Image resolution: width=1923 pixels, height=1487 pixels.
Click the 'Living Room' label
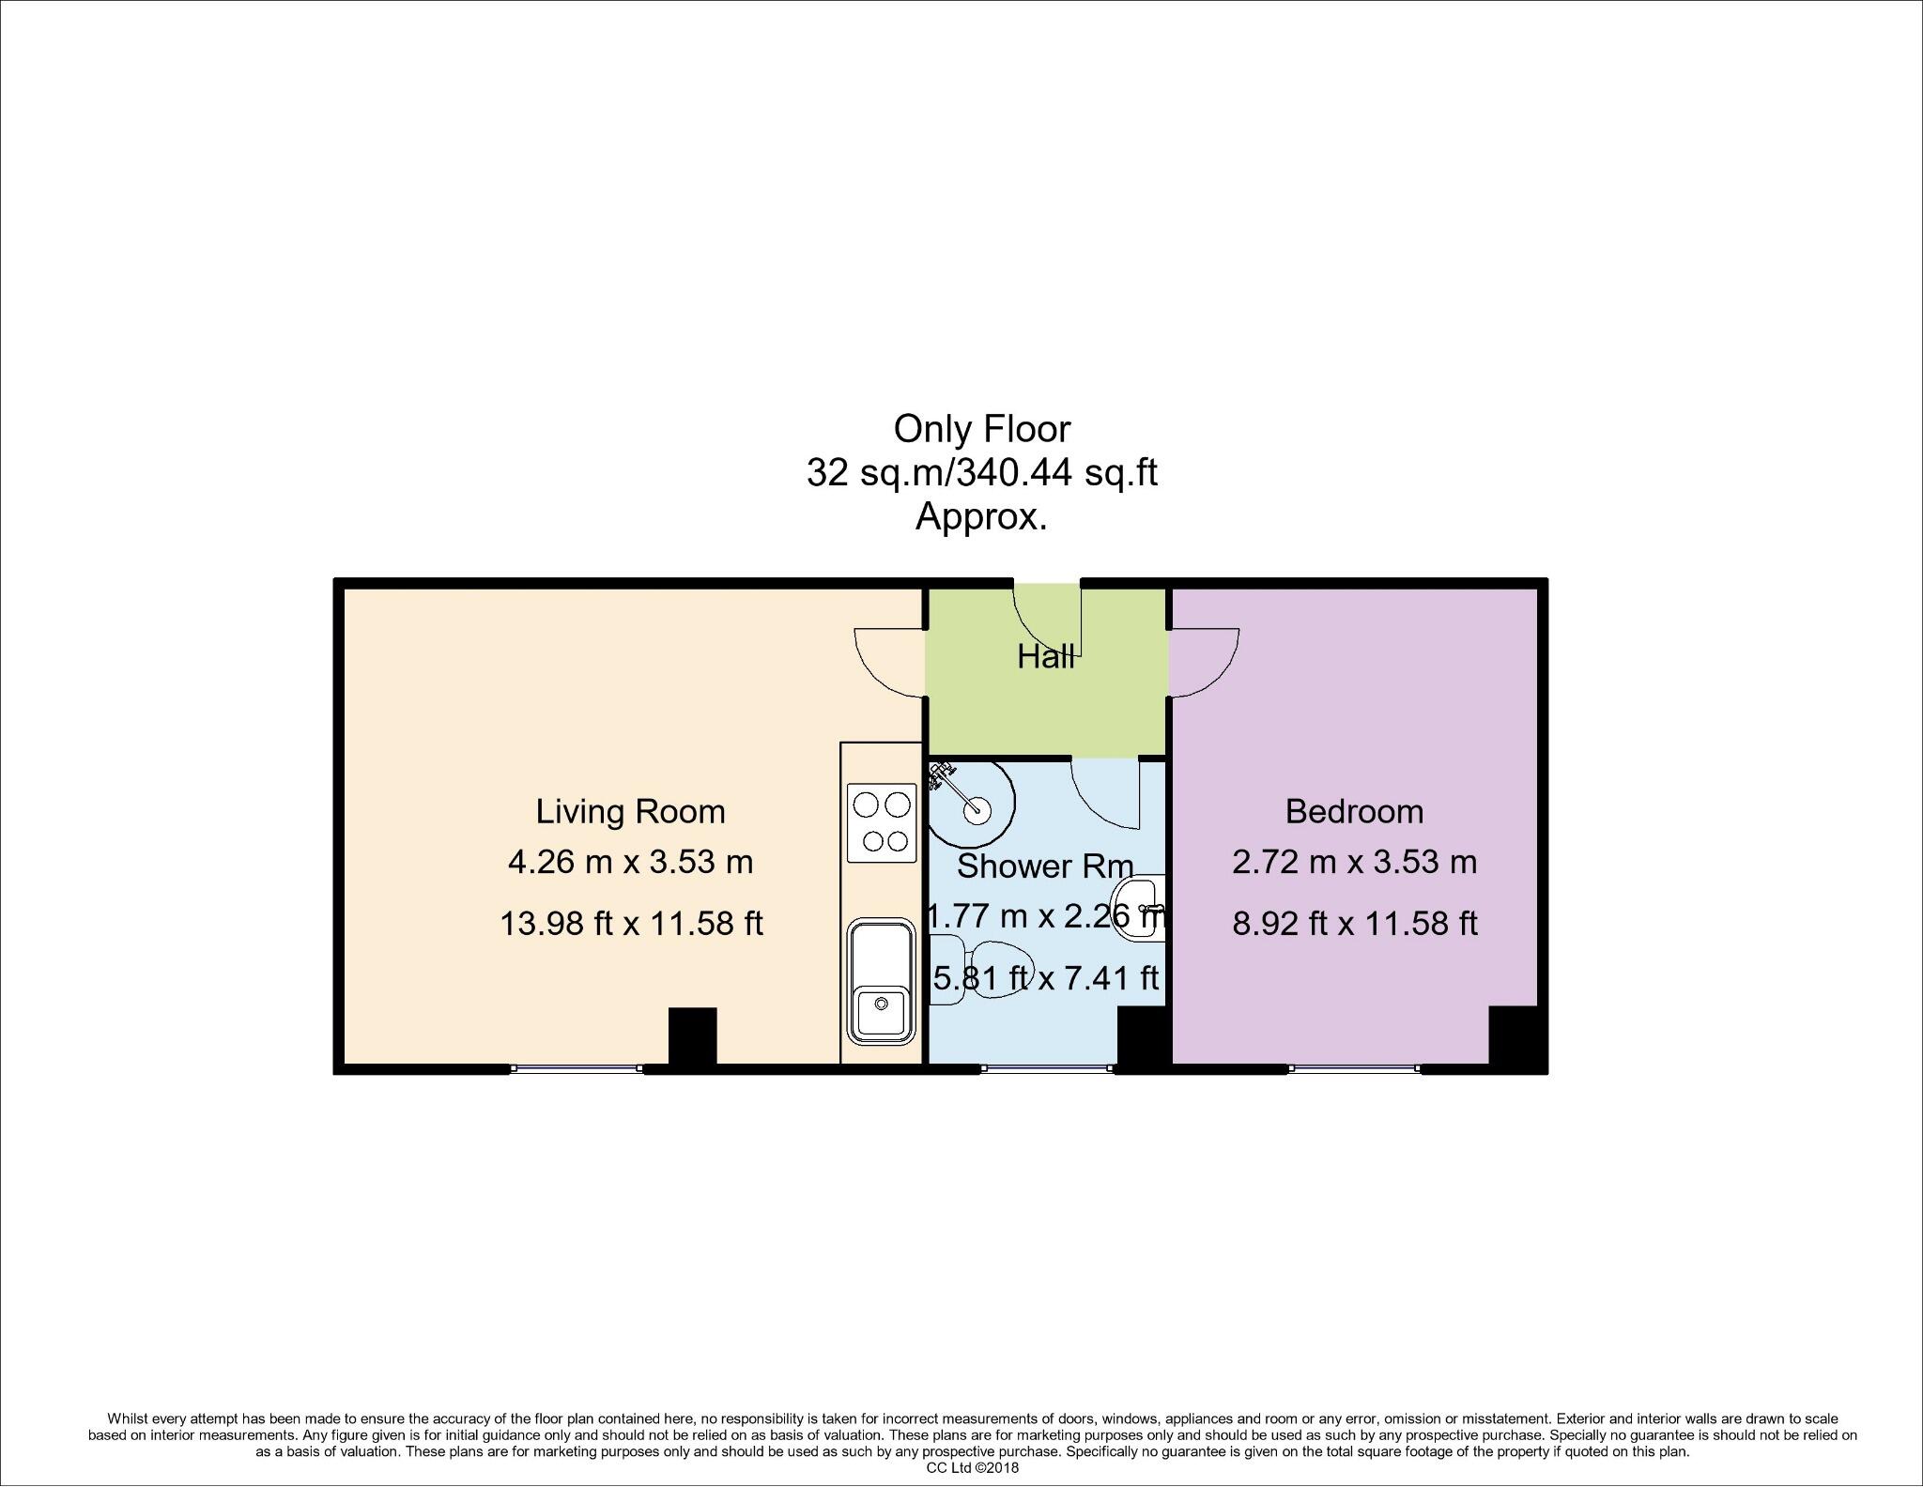(x=630, y=811)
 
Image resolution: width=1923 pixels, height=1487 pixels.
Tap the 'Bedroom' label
(x=1353, y=811)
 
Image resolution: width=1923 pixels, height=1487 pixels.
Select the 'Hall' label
(x=1045, y=657)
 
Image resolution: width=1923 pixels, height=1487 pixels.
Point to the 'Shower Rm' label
(x=1044, y=866)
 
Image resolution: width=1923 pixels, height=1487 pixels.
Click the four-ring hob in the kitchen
(x=882, y=822)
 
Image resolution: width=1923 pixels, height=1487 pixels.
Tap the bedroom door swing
(x=1205, y=663)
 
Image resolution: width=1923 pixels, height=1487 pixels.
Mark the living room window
(x=577, y=1067)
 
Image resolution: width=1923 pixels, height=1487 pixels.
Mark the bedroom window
(x=1353, y=1067)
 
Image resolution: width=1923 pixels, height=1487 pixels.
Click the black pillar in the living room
(x=692, y=1035)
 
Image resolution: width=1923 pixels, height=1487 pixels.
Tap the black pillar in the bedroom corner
(x=1512, y=1035)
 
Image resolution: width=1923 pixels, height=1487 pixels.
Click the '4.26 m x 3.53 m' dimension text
(x=630, y=862)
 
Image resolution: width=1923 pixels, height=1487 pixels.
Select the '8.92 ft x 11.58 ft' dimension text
(x=1354, y=924)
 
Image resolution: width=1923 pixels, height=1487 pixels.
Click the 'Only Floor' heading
(x=981, y=429)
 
